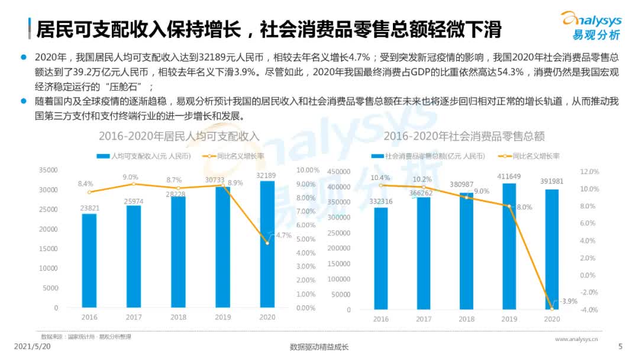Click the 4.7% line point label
click(284, 235)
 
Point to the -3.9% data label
click(569, 301)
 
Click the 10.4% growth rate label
click(380, 177)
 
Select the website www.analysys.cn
click(576, 339)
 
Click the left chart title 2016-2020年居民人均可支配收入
click(179, 136)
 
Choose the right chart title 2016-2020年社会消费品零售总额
click(464, 136)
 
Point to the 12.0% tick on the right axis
click(590, 172)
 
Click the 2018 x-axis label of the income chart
click(178, 317)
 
